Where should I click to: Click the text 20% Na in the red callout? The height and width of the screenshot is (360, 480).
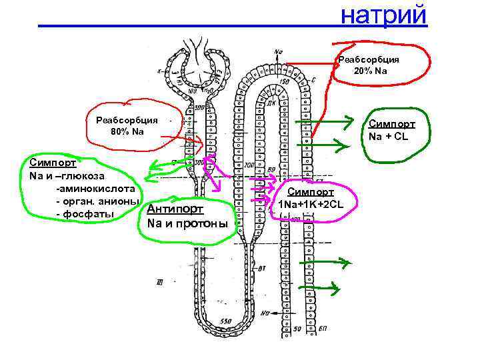pyautogui.click(x=372, y=71)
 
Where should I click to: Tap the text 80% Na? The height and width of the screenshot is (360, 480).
pyautogui.click(x=127, y=131)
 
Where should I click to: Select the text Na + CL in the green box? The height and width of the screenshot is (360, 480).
pyautogui.click(x=392, y=137)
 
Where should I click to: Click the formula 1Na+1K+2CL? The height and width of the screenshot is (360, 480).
pyautogui.click(x=311, y=203)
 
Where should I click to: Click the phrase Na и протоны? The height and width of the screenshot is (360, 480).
pyautogui.click(x=187, y=223)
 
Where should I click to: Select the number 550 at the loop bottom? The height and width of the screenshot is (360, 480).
pyautogui.click(x=225, y=321)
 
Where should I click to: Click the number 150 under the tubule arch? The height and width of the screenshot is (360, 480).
pyautogui.click(x=285, y=81)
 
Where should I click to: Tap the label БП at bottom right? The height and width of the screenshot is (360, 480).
pyautogui.click(x=323, y=329)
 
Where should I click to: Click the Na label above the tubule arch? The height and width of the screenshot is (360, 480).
pyautogui.click(x=277, y=49)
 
